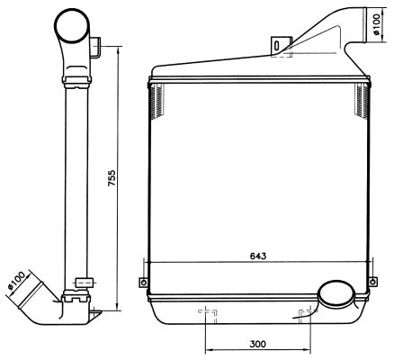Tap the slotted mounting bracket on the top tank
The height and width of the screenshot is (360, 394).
point(281,46)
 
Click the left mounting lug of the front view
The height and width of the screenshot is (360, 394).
point(142,283)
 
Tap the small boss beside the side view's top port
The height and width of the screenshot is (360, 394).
point(97,43)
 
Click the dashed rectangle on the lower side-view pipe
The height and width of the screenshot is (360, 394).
point(84,283)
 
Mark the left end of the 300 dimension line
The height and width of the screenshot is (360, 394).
point(208,349)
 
